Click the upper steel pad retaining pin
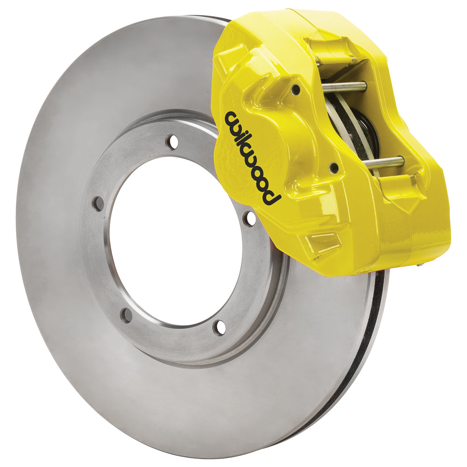click(x=343, y=86)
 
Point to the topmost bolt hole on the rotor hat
click(x=173, y=142)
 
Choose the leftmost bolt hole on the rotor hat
click(x=97, y=204)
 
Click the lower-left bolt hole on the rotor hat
click(x=126, y=315)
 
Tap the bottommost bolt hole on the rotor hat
click(x=219, y=328)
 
